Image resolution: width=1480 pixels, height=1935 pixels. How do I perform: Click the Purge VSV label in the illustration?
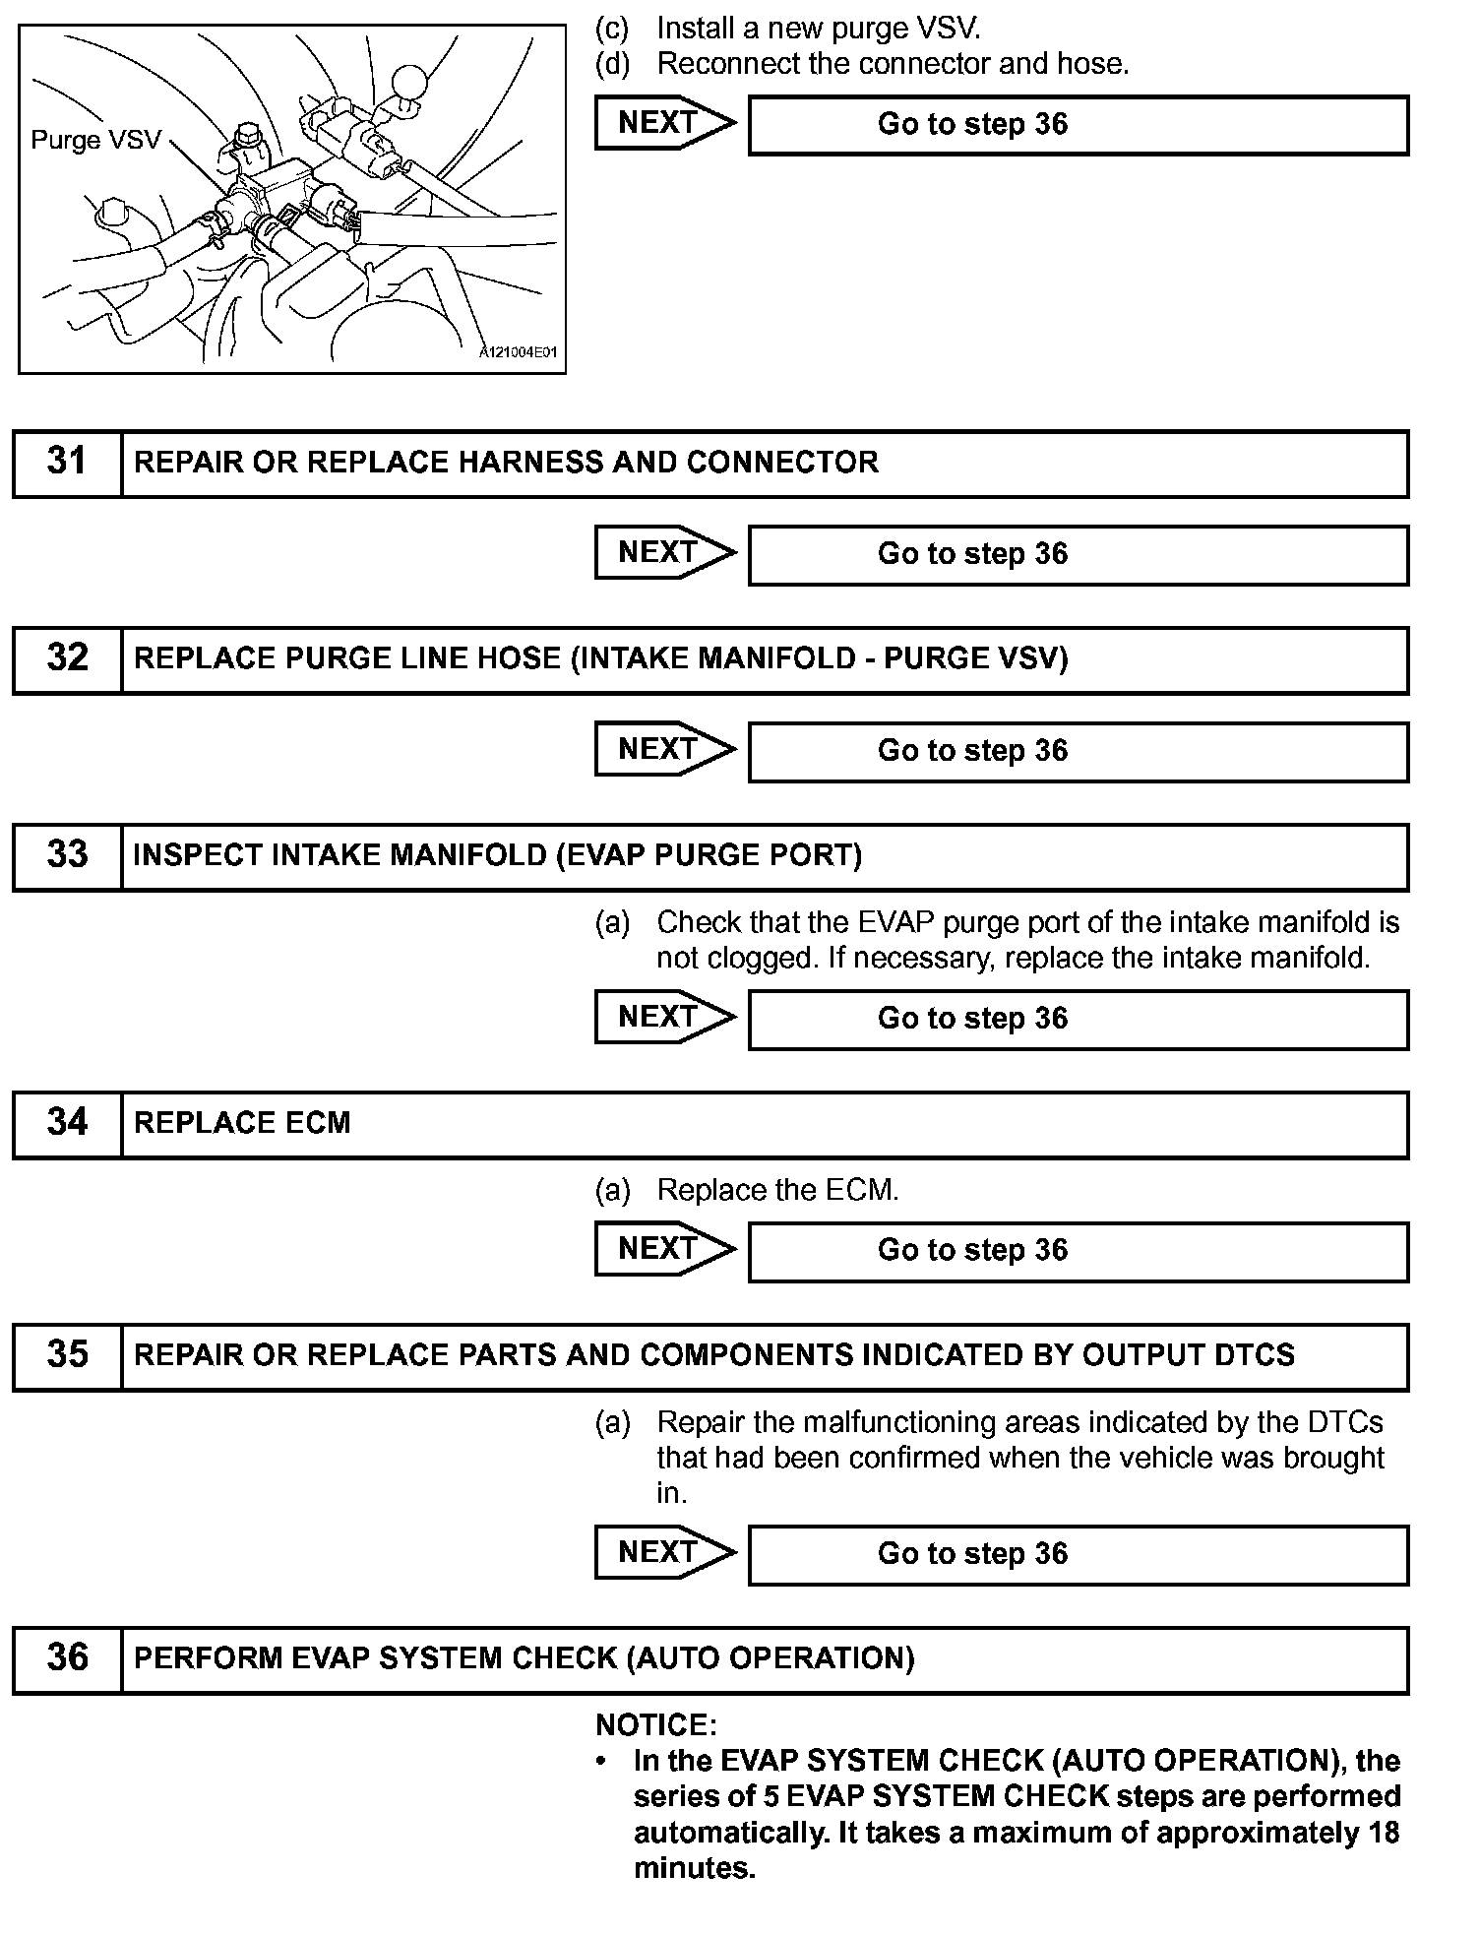click(x=95, y=140)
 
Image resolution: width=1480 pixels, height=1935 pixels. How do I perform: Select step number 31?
click(x=67, y=462)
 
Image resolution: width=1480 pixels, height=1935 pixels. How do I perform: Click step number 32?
click(x=67, y=658)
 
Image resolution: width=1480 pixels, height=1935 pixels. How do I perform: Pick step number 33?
click(x=67, y=855)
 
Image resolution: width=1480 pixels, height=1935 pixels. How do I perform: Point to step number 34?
click(x=67, y=1123)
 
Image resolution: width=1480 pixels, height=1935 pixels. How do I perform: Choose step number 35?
click(x=67, y=1355)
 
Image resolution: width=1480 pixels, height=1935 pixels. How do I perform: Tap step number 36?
click(x=67, y=1658)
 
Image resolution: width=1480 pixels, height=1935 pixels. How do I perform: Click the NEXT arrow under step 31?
click(x=665, y=553)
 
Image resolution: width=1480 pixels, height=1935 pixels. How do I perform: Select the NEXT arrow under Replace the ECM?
click(x=665, y=1250)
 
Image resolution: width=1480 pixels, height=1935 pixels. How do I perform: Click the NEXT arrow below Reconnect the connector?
click(x=665, y=123)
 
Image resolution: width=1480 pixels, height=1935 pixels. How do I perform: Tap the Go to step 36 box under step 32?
click(x=1078, y=751)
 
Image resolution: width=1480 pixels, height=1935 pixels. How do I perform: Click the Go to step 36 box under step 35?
click(x=1078, y=1554)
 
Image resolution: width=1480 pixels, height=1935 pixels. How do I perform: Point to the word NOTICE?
click(x=655, y=1725)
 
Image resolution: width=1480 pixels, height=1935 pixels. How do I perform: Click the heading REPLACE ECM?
click(x=242, y=1123)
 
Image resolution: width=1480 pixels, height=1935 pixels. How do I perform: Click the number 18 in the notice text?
click(x=1382, y=1833)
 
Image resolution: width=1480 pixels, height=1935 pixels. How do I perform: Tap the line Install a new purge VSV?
click(x=819, y=29)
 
